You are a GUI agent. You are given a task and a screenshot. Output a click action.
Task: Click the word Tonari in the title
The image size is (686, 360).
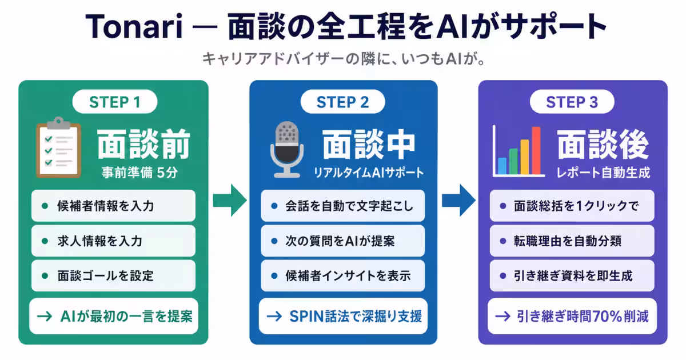click(134, 26)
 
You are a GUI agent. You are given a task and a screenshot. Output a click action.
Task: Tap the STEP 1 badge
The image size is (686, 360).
click(115, 102)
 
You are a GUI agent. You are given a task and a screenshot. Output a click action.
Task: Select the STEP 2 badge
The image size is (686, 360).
click(342, 102)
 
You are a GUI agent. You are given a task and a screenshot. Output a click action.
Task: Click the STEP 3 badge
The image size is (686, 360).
click(572, 102)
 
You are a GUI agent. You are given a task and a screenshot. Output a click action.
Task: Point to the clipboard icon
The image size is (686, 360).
click(58, 147)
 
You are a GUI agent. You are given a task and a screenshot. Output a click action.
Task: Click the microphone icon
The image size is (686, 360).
click(287, 149)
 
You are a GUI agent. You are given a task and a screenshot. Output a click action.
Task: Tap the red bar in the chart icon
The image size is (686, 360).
click(536, 150)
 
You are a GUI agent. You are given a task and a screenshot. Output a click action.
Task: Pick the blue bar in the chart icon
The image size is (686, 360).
click(502, 166)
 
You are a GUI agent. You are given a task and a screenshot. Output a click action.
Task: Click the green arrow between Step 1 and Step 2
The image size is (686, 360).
click(230, 201)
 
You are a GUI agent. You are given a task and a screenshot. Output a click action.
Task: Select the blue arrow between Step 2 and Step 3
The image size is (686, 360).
click(458, 201)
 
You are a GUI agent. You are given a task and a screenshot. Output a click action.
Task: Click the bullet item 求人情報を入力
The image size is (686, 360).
click(113, 241)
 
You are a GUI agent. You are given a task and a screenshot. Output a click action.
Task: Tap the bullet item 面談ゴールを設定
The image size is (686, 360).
click(113, 276)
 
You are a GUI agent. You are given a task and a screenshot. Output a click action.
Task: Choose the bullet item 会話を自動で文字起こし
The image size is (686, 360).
click(342, 206)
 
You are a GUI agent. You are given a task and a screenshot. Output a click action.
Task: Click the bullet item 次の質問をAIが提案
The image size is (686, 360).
click(342, 241)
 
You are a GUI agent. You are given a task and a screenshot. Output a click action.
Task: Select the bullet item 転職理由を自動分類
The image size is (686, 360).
click(572, 241)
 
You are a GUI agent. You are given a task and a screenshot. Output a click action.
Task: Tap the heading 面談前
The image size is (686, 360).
click(143, 144)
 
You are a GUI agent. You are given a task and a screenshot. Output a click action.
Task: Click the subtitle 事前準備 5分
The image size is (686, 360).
click(139, 173)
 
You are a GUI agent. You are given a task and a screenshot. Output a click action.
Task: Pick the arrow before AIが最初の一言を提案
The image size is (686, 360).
click(45, 316)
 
